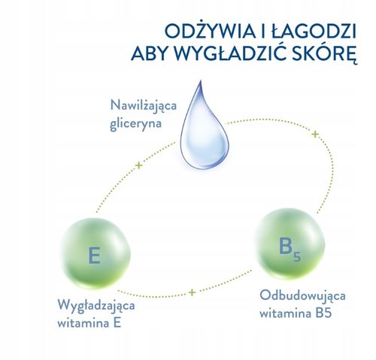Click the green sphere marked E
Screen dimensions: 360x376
(98, 253)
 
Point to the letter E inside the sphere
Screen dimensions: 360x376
(95, 254)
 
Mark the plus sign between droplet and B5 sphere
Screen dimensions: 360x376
(316, 135)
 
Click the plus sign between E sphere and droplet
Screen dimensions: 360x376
(138, 165)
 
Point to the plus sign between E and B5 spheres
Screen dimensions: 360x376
(193, 292)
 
